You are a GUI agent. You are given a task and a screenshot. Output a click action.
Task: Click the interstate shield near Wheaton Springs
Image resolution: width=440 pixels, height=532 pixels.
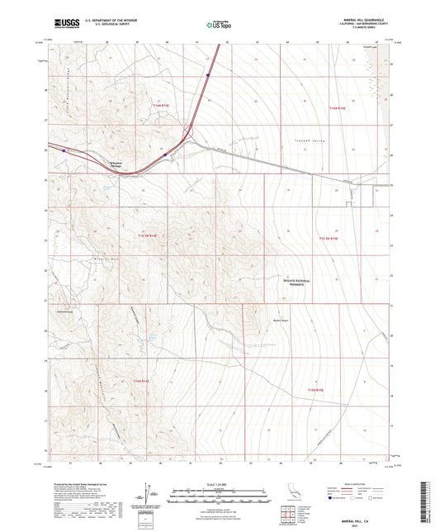tap(165, 154)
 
